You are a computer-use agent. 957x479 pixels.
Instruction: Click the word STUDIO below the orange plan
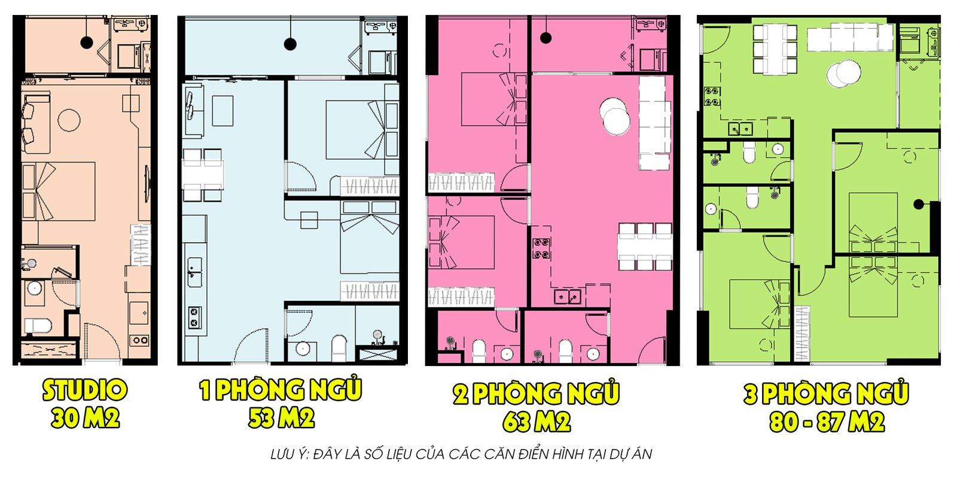pos(84,390)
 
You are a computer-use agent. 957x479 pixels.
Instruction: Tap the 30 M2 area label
pos(85,417)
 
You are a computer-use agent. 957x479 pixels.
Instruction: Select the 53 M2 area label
pos(282,417)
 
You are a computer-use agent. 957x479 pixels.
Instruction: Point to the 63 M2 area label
pos(537,422)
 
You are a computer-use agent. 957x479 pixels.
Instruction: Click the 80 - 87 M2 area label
pos(827,422)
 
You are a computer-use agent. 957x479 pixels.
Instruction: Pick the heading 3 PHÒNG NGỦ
pos(826,392)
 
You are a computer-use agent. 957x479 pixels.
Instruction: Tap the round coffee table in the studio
pos(69,121)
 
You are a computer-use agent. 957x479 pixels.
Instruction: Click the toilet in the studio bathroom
pos(38,326)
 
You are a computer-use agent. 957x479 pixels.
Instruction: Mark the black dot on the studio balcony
pos(87,42)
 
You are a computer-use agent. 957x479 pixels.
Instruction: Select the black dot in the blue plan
pos(290,44)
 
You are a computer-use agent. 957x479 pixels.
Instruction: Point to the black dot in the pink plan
pos(545,38)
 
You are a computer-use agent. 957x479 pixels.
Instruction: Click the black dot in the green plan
pos(919,205)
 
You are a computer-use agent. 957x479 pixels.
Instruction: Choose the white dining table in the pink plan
pos(645,246)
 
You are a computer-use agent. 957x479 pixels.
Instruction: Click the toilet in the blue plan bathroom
pos(339,348)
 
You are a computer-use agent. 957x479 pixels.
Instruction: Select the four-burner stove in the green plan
pos(712,96)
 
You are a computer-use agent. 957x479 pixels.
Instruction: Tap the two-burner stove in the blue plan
pos(195,318)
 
